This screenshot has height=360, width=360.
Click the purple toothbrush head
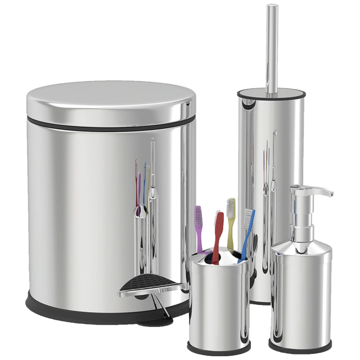coord(198,217)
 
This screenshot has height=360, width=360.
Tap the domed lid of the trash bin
coord(110,101)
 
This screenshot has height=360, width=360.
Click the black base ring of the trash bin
coord(79,308)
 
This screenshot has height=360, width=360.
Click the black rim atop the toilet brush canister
coord(271,91)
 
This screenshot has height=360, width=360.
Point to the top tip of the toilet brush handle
coord(272,8)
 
